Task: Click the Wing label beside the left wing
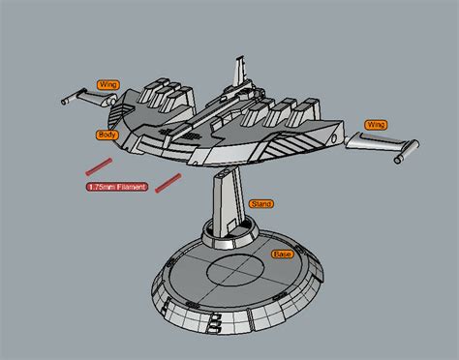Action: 107,85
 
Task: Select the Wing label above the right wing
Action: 376,125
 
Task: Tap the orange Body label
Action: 107,135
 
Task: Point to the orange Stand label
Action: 260,204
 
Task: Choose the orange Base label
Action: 282,254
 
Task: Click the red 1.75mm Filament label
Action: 117,187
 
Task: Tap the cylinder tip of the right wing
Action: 407,150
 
